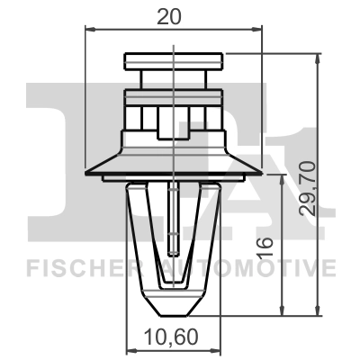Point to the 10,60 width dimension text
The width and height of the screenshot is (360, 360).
[x=171, y=340]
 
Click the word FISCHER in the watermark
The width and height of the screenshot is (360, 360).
[x=73, y=267]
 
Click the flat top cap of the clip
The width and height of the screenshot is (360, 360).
[x=171, y=60]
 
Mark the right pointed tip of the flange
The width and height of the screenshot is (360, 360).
[x=258, y=174]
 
